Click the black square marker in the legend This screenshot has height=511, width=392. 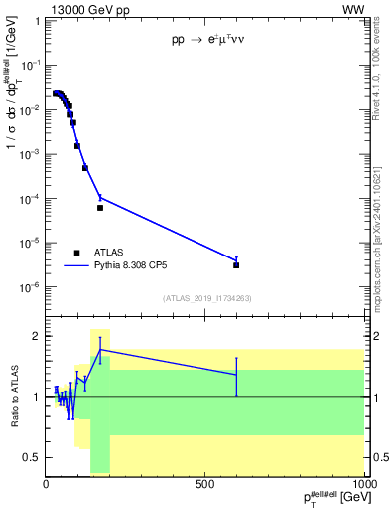[x=76, y=253]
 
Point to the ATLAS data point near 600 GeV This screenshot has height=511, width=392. [x=236, y=265]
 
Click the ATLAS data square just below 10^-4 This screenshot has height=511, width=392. [x=100, y=208]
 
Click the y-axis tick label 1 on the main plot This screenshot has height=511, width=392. [x=36, y=21]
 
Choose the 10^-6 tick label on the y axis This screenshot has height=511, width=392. [x=30, y=287]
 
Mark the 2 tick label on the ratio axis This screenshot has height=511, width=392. [x=36, y=336]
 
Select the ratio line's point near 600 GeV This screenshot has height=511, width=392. [x=236, y=375]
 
